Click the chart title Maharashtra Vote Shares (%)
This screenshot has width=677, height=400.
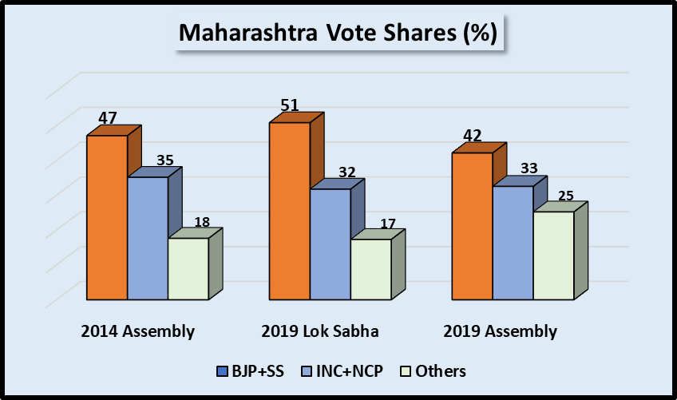(x=338, y=34)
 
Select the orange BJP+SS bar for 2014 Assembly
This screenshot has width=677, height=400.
(x=107, y=217)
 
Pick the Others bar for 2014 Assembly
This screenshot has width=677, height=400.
(x=188, y=269)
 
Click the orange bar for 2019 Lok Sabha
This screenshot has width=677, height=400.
(x=290, y=211)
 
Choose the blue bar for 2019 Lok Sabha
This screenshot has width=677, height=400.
(x=331, y=244)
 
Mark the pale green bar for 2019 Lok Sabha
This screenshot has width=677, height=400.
(x=370, y=269)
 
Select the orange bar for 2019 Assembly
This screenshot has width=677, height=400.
(x=473, y=226)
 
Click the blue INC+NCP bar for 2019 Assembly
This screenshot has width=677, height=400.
(x=513, y=243)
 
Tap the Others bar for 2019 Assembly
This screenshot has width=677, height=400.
(x=553, y=255)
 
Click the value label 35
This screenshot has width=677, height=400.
(x=164, y=160)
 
